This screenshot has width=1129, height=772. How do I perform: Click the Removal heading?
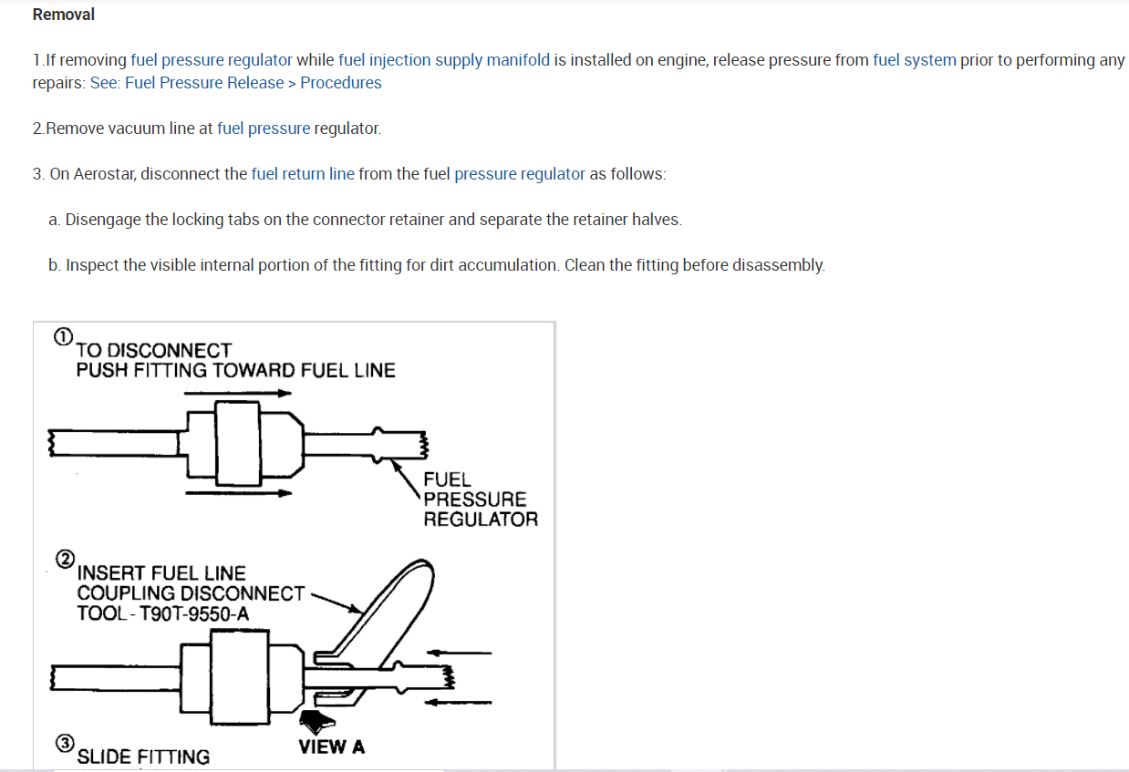63,15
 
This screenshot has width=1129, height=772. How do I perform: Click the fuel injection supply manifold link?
444,60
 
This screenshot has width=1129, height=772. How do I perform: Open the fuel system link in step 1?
914,60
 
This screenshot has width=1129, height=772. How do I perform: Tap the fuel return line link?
303,174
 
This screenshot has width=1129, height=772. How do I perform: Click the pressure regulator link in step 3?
519,174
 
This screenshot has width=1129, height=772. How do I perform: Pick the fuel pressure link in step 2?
264,129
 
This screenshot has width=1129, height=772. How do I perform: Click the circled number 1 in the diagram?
62,336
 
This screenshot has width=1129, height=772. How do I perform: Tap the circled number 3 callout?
65,743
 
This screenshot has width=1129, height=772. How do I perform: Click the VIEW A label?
331,747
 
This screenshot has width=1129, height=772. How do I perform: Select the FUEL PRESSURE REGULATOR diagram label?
480,499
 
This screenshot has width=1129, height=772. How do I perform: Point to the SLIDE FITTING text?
143,757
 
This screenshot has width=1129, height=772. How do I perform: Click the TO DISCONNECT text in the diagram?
154,351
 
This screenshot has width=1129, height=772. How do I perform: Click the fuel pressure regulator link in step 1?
212,60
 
